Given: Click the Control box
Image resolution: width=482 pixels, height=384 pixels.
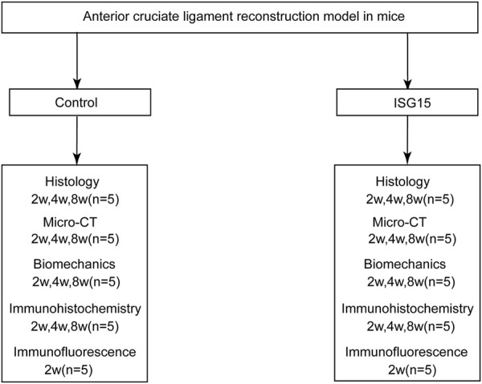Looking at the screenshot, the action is pyautogui.click(x=80, y=102).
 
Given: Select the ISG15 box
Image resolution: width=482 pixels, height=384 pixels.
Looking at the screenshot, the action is pyautogui.click(x=407, y=102).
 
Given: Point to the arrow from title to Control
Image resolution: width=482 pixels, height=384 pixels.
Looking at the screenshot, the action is pyautogui.click(x=77, y=61).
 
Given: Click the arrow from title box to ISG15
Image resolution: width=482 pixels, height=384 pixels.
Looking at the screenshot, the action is pyautogui.click(x=407, y=61).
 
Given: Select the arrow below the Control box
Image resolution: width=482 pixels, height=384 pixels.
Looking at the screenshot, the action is pyautogui.click(x=77, y=140).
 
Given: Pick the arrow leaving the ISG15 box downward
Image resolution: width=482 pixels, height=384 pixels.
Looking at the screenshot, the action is pyautogui.click(x=407, y=140).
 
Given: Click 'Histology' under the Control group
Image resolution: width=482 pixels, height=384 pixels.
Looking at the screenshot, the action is pyautogui.click(x=72, y=182).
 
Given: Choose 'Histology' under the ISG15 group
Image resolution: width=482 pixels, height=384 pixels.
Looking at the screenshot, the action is pyautogui.click(x=402, y=182).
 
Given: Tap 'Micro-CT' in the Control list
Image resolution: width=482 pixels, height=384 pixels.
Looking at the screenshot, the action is pyautogui.click(x=70, y=222).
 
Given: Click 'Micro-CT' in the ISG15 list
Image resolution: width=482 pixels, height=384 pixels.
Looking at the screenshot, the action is pyautogui.click(x=399, y=222).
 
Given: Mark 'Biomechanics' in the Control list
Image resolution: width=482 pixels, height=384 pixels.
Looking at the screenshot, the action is pyautogui.click(x=75, y=264).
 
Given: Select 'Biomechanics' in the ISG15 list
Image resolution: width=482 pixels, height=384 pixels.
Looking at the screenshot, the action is pyautogui.click(x=405, y=264).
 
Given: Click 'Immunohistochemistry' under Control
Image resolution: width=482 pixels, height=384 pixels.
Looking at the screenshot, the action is pyautogui.click(x=75, y=309).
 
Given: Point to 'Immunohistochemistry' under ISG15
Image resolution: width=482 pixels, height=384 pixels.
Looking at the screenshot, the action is pyautogui.click(x=407, y=309).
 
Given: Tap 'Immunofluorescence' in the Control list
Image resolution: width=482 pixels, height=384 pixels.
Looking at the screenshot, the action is pyautogui.click(x=75, y=352).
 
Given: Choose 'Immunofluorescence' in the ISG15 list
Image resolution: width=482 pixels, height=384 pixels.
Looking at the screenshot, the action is pyautogui.click(x=406, y=352).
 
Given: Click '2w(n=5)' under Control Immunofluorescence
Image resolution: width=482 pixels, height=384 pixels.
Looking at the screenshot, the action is pyautogui.click(x=68, y=370).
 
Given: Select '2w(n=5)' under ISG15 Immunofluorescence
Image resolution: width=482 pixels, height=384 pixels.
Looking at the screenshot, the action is pyautogui.click(x=412, y=370).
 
